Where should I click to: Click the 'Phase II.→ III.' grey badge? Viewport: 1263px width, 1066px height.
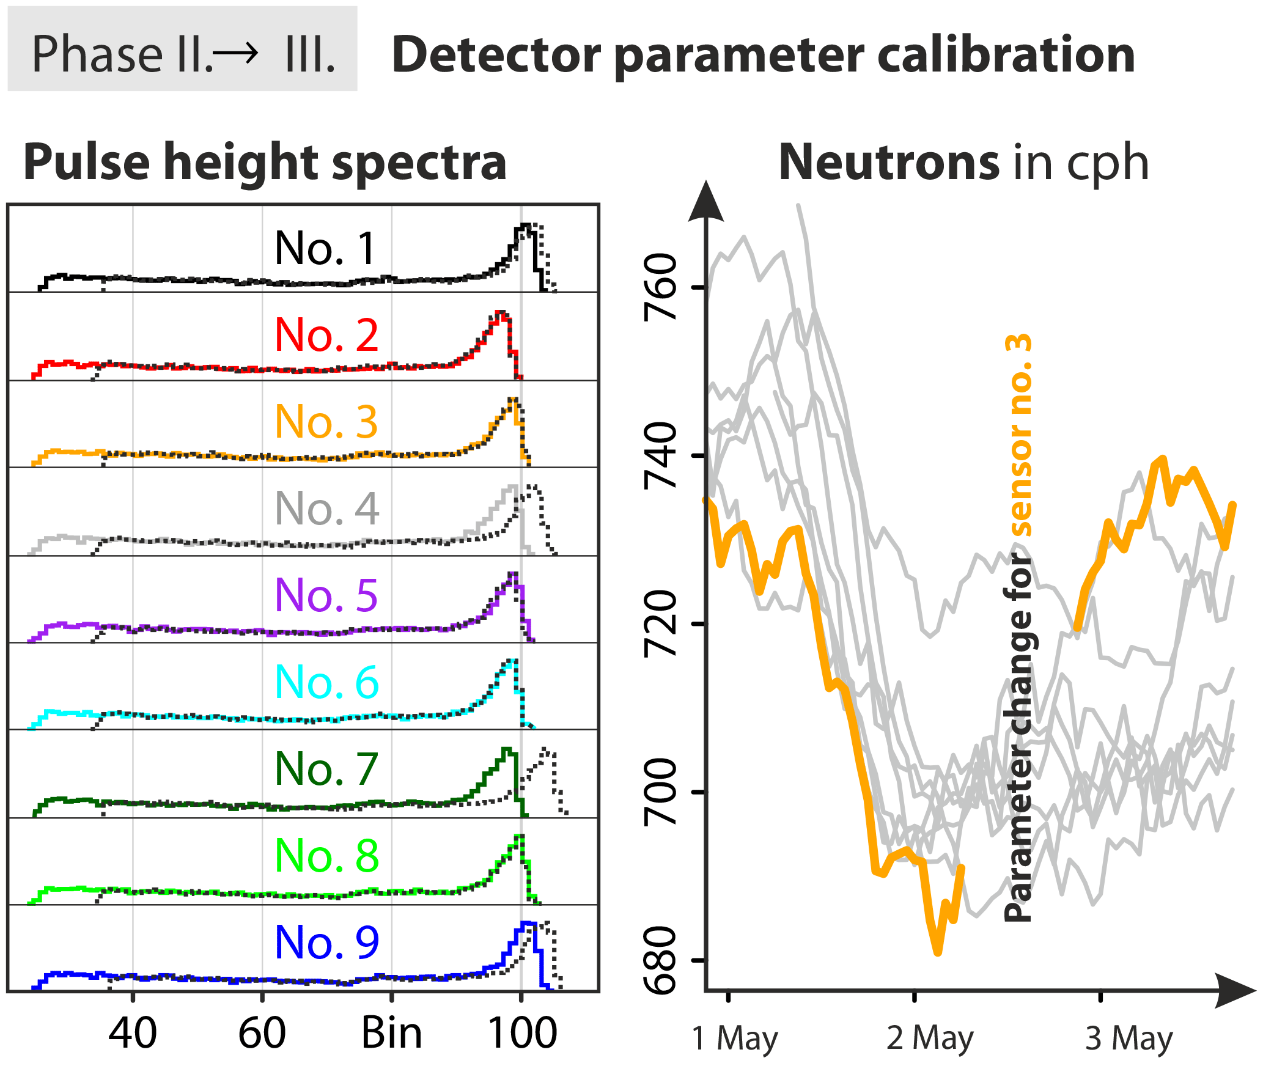[x=182, y=54]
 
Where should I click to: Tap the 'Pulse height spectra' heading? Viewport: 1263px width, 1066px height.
[x=265, y=162]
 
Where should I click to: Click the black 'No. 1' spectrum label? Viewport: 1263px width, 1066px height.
[x=326, y=249]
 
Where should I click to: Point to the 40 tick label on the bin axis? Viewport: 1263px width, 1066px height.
[x=133, y=1033]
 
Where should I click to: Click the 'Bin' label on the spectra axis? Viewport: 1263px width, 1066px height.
[x=391, y=1033]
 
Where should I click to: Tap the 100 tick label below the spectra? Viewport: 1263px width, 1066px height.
[x=522, y=1033]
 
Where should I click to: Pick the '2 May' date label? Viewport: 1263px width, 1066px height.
[x=930, y=1038]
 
